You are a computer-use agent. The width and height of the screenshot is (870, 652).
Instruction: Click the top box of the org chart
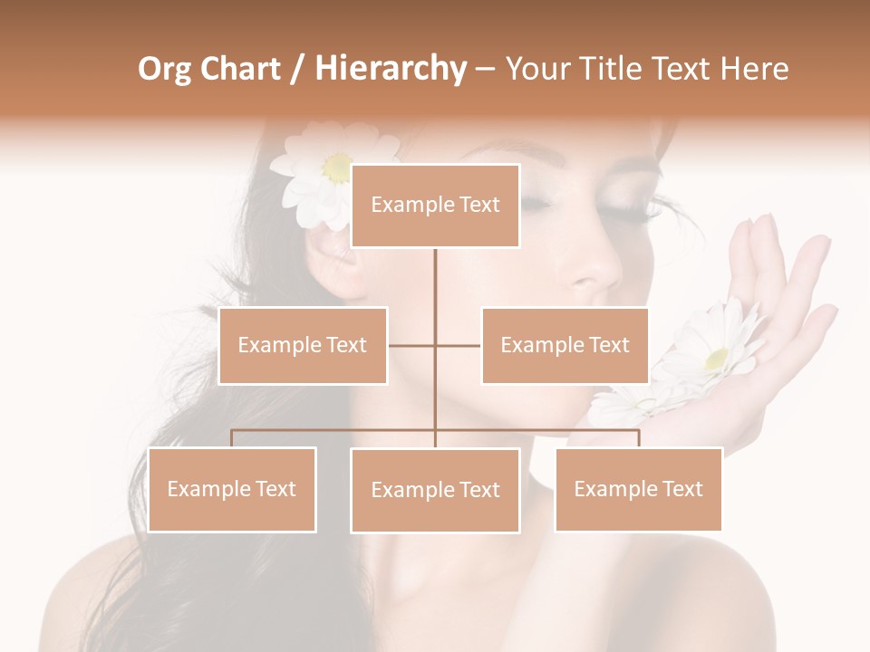(x=435, y=205)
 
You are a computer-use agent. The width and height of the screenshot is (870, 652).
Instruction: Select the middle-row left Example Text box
(x=303, y=345)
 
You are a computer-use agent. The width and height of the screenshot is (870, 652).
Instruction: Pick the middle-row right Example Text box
(x=565, y=345)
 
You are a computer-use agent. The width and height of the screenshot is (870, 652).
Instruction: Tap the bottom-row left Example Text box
(x=232, y=489)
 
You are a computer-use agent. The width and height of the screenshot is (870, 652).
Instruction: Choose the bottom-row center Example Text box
(x=435, y=490)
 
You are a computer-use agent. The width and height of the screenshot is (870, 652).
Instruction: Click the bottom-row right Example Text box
(x=638, y=489)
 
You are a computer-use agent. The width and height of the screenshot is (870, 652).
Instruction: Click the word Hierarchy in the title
(x=391, y=68)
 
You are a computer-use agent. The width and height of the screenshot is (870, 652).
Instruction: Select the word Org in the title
(x=163, y=68)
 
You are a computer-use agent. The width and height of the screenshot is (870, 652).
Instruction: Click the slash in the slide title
(x=296, y=69)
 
